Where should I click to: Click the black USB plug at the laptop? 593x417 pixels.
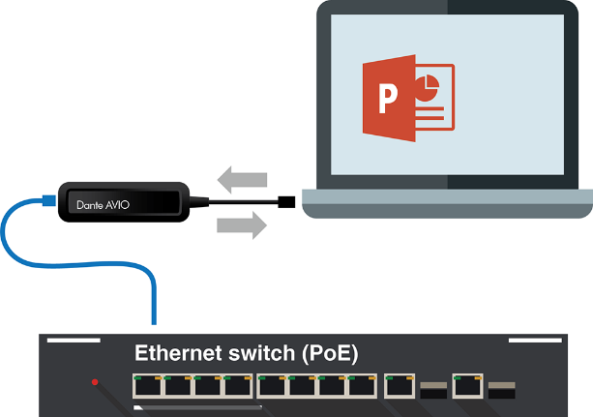(x=286, y=202)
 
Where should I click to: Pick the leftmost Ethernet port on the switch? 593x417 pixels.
(x=148, y=385)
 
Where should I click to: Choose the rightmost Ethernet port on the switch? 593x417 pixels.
(x=469, y=385)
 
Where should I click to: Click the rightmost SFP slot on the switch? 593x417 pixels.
(x=502, y=389)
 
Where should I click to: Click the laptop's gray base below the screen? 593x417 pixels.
(x=445, y=203)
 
